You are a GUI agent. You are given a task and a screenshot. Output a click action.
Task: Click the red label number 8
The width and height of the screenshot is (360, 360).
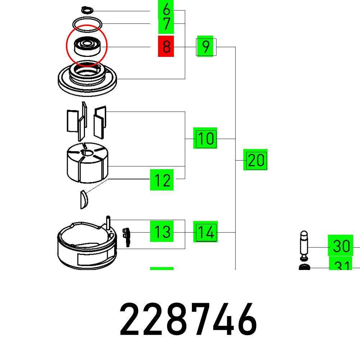(x=166, y=46)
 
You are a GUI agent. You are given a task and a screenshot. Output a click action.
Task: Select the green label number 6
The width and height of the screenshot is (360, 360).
(x=166, y=9)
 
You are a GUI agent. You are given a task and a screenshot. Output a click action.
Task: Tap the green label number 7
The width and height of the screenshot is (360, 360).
(x=166, y=24)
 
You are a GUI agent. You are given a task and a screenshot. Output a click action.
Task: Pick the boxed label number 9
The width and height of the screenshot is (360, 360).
(x=206, y=46)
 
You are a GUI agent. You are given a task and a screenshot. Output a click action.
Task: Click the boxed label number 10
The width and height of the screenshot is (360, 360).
(x=205, y=138)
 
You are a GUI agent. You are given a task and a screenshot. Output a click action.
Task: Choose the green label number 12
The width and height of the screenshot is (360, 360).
(x=162, y=180)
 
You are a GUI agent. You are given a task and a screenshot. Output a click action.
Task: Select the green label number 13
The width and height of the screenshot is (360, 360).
(x=162, y=231)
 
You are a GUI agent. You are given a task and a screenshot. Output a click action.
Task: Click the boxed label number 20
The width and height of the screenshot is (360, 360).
(x=256, y=159)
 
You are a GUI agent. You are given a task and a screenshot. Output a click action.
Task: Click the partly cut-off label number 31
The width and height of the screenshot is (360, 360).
(x=341, y=266)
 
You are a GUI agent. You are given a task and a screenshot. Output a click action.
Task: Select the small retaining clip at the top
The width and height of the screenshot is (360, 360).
(x=87, y=9)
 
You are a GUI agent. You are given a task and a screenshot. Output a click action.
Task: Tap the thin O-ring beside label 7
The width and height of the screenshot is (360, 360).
(x=87, y=24)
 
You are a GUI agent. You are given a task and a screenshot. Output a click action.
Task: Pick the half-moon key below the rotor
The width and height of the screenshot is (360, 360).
(x=84, y=199)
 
